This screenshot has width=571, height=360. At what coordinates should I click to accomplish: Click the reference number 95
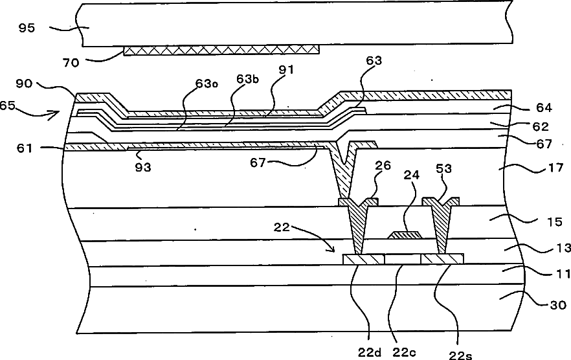click(29, 28)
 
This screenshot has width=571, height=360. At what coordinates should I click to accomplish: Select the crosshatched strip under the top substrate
click(221, 51)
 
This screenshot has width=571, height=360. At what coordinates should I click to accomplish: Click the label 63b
click(247, 79)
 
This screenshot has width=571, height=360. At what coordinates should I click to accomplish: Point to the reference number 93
click(143, 166)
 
